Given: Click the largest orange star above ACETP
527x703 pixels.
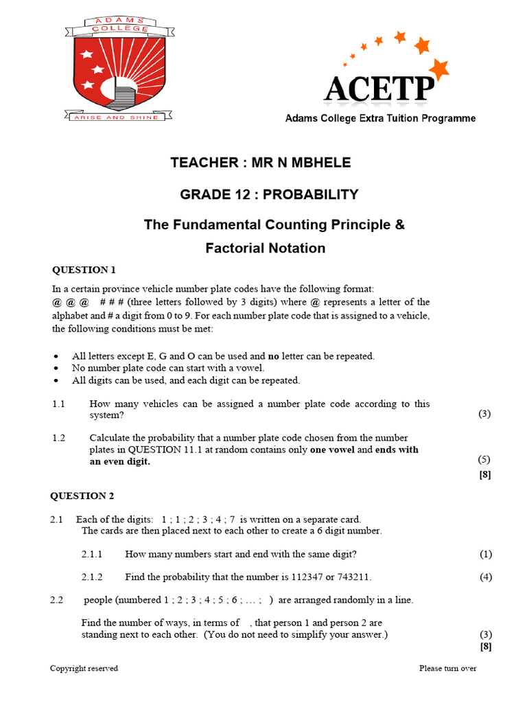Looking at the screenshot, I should click(x=437, y=68).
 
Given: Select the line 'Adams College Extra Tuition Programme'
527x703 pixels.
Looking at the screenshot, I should click(x=380, y=119).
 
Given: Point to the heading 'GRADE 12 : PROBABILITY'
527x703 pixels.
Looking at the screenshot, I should click(x=269, y=194).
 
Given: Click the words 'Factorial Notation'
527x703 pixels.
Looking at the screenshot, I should click(x=265, y=248).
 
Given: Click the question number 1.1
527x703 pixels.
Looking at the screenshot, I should click(x=58, y=404).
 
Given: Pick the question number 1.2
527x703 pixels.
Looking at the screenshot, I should click(x=59, y=438).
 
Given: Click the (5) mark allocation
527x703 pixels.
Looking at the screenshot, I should click(x=484, y=459).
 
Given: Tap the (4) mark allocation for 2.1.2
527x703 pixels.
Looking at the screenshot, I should click(x=485, y=577).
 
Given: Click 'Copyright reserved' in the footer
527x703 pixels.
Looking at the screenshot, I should click(x=84, y=668).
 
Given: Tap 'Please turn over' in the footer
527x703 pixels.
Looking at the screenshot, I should click(x=447, y=668).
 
